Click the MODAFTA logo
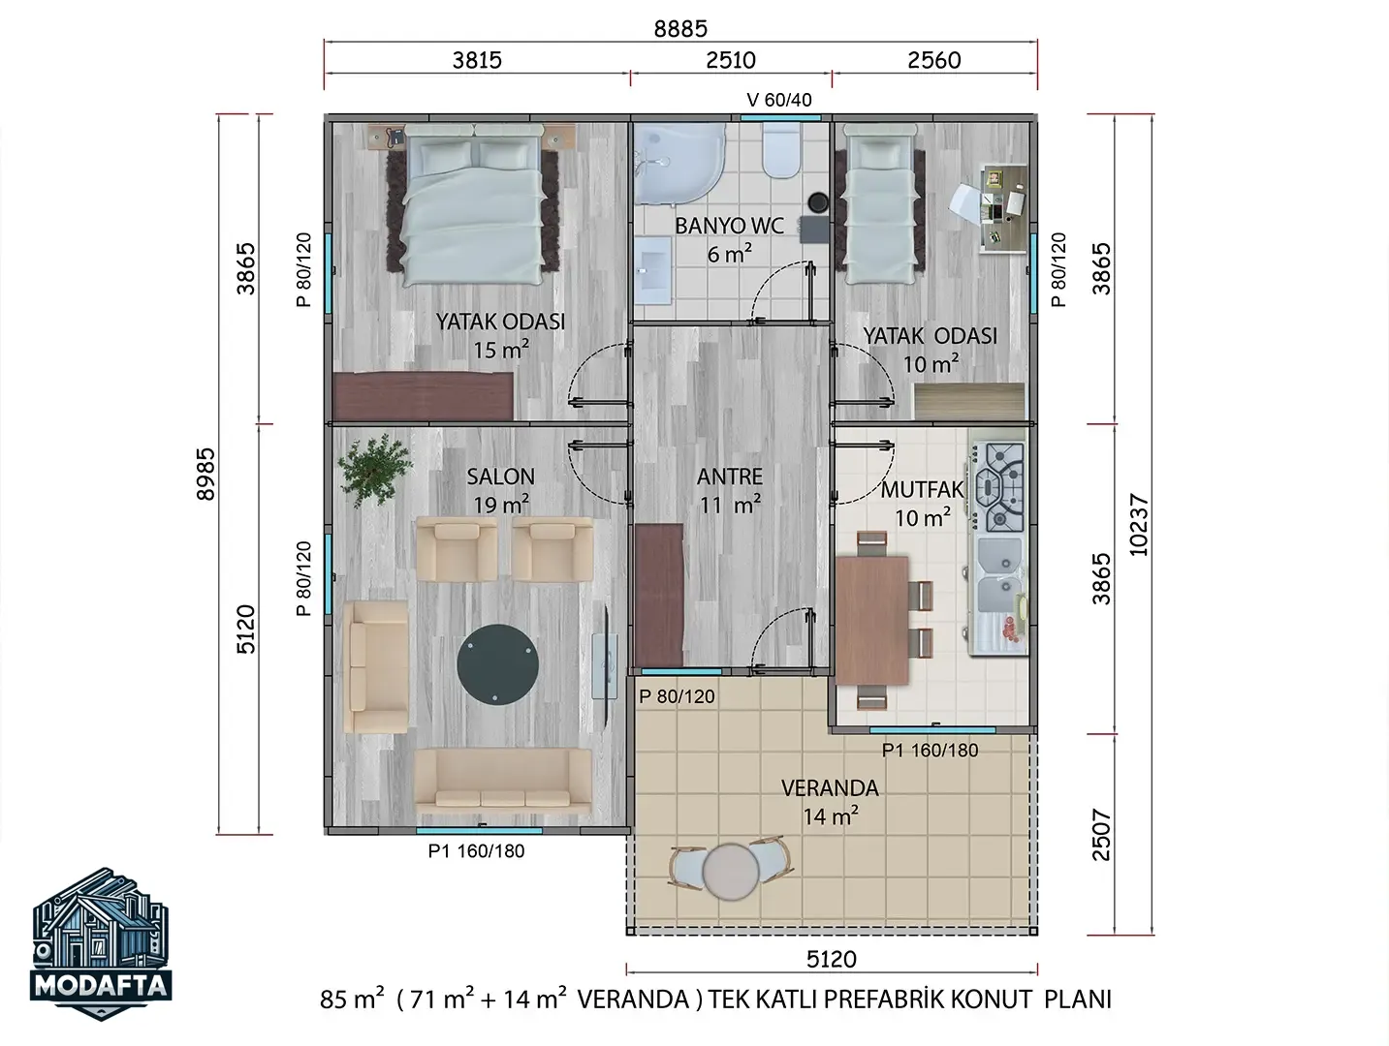[101, 943]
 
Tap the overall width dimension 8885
[680, 29]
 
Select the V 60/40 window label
[779, 100]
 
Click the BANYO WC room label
[729, 226]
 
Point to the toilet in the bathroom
[781, 150]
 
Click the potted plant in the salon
[374, 471]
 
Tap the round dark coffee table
[498, 664]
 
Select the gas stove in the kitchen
[999, 486]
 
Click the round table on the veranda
[731, 872]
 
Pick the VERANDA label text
[830, 788]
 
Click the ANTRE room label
[729, 477]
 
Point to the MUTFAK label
[922, 489]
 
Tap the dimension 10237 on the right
[1138, 525]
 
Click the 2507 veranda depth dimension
[1101, 834]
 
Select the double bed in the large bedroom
[473, 205]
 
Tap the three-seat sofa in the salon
[503, 782]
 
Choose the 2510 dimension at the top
[731, 60]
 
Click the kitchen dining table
[872, 621]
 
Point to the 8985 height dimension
[205, 474]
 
